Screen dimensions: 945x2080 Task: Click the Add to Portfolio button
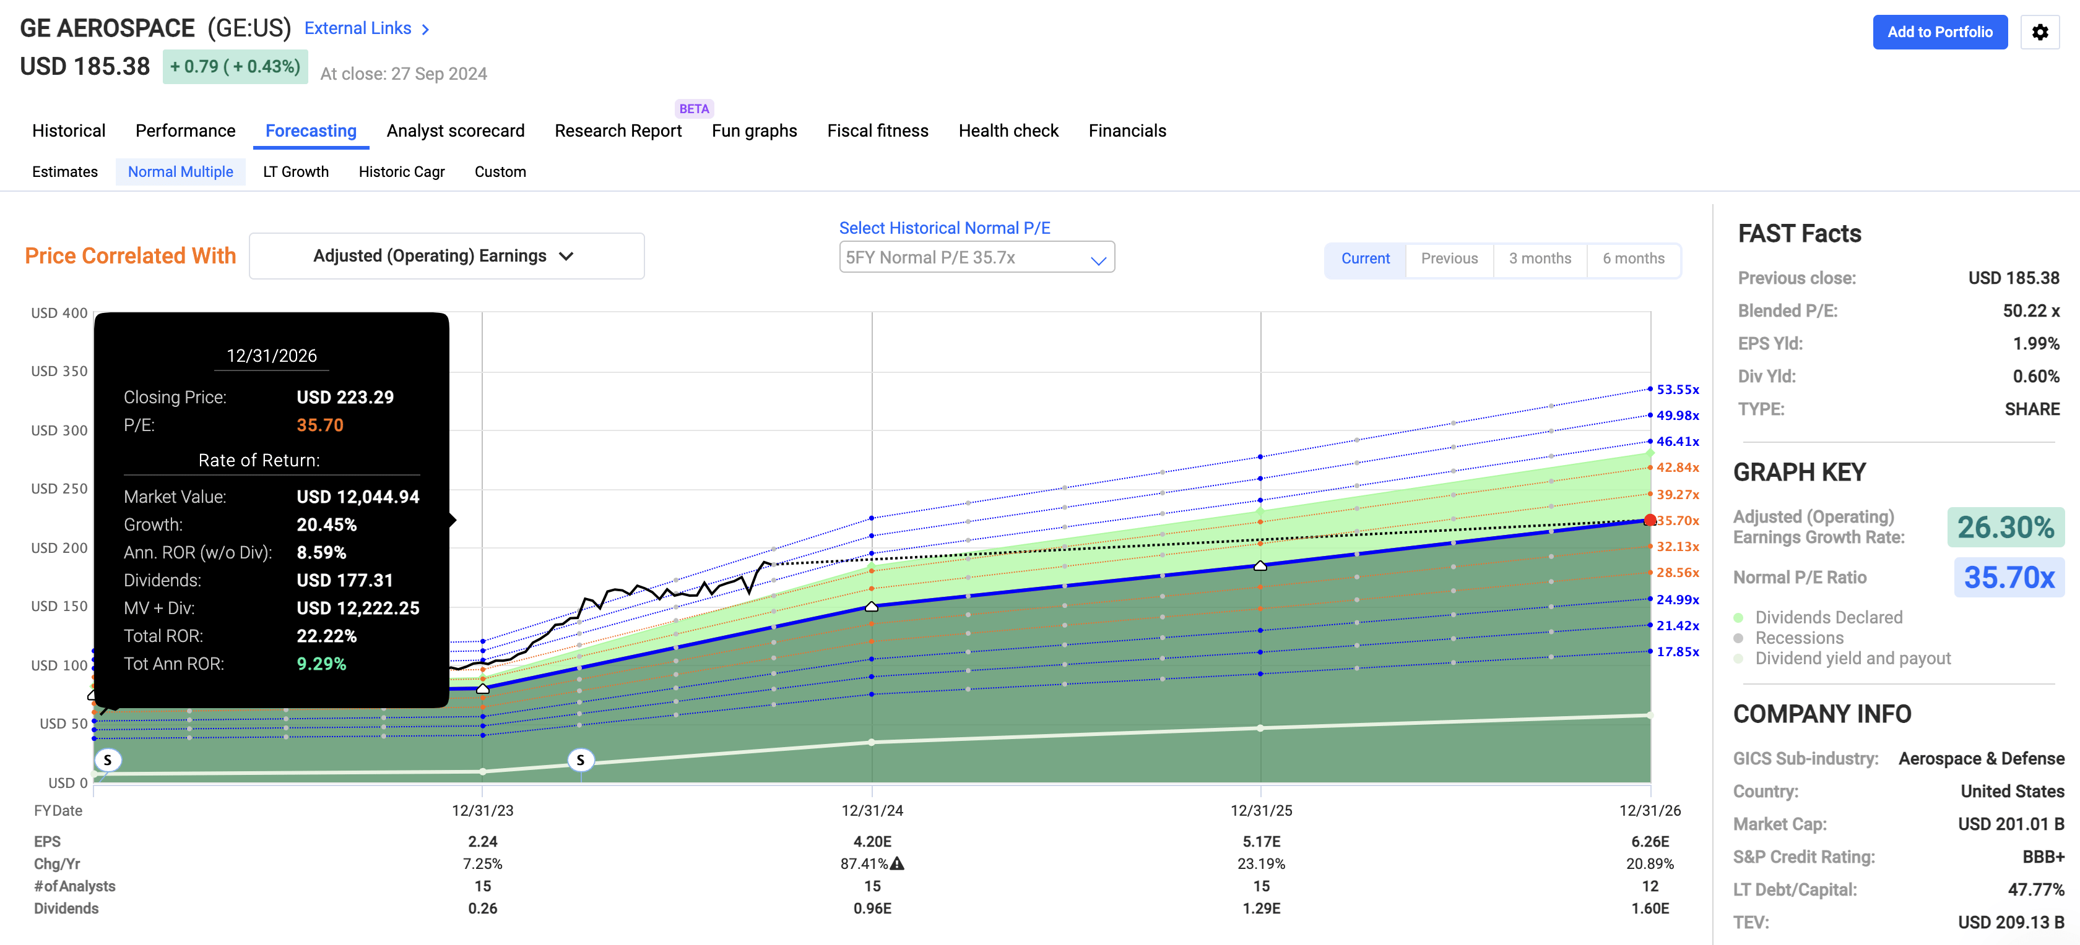pyautogui.click(x=1939, y=32)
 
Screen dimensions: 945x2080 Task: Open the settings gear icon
pyautogui.click(x=2040, y=32)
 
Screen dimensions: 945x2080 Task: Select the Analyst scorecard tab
pyautogui.click(x=456, y=130)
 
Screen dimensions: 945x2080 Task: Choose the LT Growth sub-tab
pyautogui.click(x=295, y=172)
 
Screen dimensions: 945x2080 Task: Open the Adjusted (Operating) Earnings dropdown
pyautogui.click(x=446, y=256)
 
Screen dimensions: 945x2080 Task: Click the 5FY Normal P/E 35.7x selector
pyautogui.click(x=976, y=257)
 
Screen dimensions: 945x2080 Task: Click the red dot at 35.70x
pyautogui.click(x=1650, y=521)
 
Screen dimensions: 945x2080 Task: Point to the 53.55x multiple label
pyautogui.click(x=1677, y=390)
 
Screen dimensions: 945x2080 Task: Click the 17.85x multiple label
pyautogui.click(x=1677, y=651)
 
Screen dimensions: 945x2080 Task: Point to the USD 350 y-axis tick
pyautogui.click(x=59, y=371)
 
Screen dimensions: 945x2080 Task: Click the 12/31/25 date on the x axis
pyautogui.click(x=1260, y=810)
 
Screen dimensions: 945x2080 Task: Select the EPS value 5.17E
pyautogui.click(x=1260, y=842)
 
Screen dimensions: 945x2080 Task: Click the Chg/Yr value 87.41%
pyautogui.click(x=864, y=863)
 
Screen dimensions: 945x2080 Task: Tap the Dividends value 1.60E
pyautogui.click(x=1650, y=908)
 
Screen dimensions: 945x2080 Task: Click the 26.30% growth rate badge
pyautogui.click(x=2005, y=527)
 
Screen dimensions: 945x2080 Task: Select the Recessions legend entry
pyautogui.click(x=1799, y=638)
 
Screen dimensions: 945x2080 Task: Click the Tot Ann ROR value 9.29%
pyautogui.click(x=321, y=664)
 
